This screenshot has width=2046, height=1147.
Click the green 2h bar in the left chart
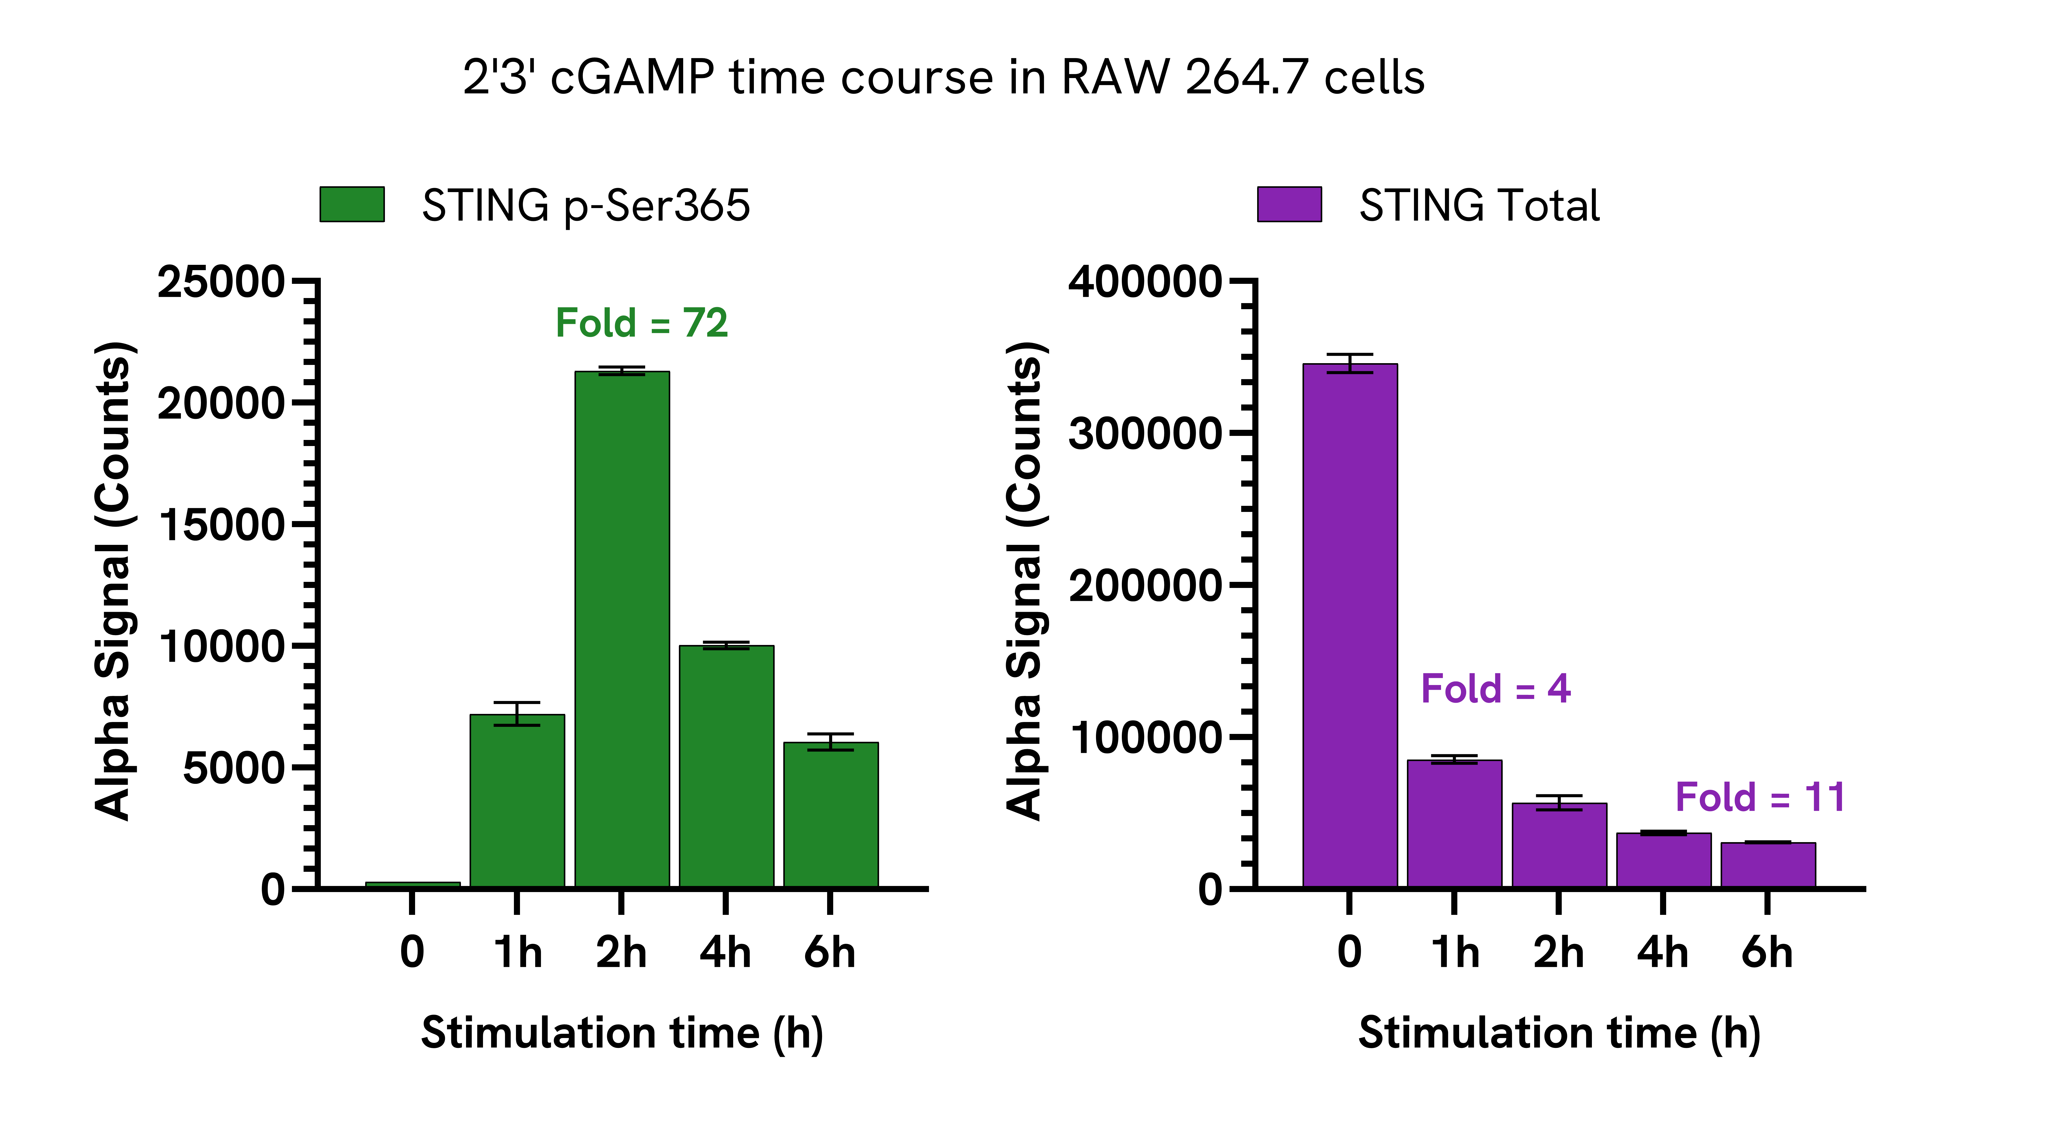pos(622,627)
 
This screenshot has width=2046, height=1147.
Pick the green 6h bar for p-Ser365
pos(831,814)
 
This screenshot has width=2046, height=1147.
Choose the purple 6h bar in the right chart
pos(1768,864)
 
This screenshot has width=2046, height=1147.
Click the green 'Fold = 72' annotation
pos(641,323)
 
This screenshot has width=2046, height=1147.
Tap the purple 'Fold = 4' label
pos(1495,689)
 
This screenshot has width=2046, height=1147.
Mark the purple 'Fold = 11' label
pos(1759,798)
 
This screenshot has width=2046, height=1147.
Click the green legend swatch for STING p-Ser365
pos(352,204)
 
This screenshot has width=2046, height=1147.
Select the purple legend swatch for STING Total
pos(1289,204)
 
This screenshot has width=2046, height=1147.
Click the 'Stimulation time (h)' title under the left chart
pos(622,1033)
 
